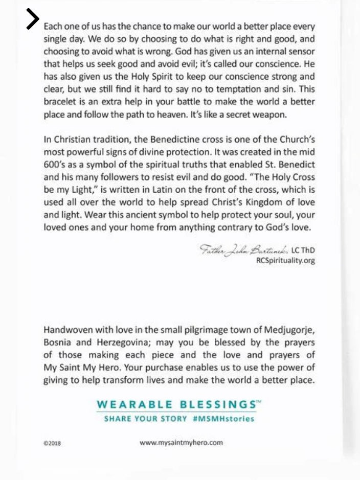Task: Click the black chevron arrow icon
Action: tap(32, 19)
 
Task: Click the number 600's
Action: tap(54, 165)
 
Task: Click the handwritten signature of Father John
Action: tap(244, 250)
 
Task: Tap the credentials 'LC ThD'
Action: tap(303, 250)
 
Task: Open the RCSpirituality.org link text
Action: tap(285, 260)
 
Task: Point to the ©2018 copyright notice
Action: tap(52, 444)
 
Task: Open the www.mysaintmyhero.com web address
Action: tap(181, 443)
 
